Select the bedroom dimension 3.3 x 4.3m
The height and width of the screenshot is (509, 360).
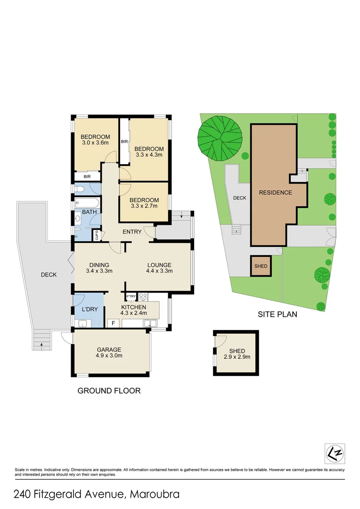(148, 155)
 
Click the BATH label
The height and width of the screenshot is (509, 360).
(90, 212)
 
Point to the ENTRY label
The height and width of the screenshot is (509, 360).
(132, 232)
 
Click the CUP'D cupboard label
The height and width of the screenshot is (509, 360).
(97, 235)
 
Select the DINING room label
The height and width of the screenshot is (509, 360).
(98, 265)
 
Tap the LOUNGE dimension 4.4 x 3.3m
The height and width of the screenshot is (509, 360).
(159, 271)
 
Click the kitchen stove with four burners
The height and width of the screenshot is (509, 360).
(143, 297)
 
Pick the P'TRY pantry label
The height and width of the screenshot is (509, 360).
(131, 296)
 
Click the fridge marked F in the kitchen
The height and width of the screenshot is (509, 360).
(113, 323)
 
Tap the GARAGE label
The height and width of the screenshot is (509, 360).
(109, 350)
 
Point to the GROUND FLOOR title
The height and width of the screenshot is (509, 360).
(109, 391)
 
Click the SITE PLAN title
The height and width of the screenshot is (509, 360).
(277, 314)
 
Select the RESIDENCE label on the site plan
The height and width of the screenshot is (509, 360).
(275, 192)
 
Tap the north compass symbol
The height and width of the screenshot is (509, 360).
(335, 453)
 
